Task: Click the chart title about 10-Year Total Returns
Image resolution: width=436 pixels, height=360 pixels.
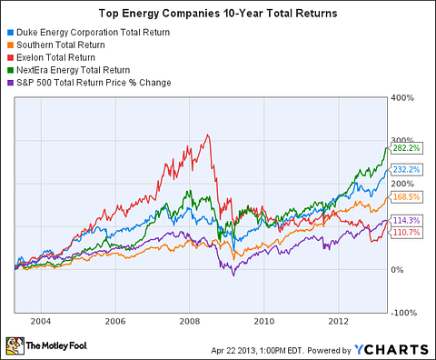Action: click(x=218, y=15)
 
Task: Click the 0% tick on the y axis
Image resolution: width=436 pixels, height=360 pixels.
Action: click(x=398, y=269)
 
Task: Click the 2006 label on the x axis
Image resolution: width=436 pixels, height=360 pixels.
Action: click(x=114, y=321)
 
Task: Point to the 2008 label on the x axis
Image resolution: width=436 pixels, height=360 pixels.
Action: click(x=188, y=321)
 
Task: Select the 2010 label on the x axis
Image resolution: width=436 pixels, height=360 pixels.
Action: click(x=263, y=321)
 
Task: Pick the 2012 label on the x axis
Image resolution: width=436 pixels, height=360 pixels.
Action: click(x=338, y=321)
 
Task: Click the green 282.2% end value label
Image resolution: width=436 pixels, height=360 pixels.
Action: click(x=406, y=149)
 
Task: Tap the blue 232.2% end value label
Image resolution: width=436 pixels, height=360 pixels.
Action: click(x=406, y=170)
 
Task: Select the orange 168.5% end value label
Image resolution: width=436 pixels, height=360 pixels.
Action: click(x=406, y=197)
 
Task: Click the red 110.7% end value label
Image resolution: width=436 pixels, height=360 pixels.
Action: click(x=406, y=234)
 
